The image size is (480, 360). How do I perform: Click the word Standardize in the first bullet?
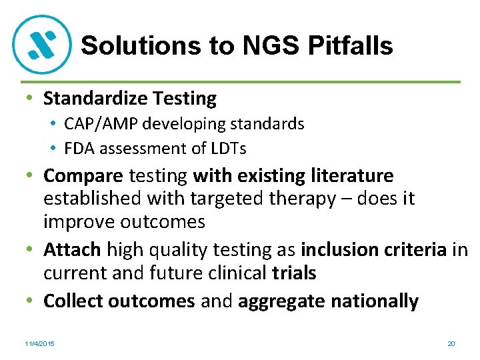click(95, 99)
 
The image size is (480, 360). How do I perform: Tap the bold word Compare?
click(83, 176)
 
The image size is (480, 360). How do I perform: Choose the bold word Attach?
click(72, 250)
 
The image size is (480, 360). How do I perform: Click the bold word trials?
click(294, 273)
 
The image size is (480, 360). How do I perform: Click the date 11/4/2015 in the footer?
click(39, 343)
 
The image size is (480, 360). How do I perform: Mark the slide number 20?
click(451, 343)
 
